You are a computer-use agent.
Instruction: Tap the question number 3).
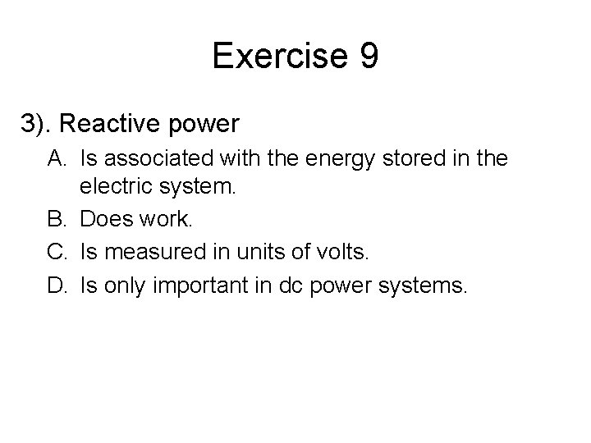tap(38, 124)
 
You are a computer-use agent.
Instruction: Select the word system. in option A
tap(198, 190)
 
